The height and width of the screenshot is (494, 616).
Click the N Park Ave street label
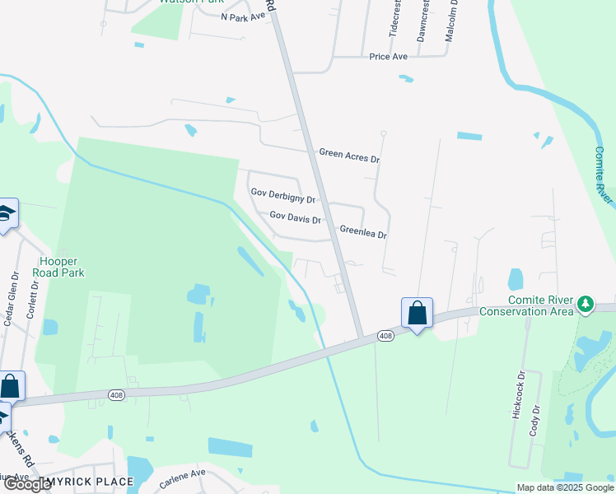tap(243, 16)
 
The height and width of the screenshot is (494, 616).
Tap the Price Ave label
tap(389, 57)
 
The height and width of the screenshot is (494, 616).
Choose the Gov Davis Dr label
tap(295, 218)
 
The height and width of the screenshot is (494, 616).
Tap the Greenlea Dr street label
tap(363, 233)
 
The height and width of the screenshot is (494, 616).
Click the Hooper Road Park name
tap(58, 267)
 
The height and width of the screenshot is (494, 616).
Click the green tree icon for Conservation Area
tap(586, 305)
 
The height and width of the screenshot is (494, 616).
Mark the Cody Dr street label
tap(535, 420)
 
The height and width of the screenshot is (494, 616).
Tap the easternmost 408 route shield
tap(385, 336)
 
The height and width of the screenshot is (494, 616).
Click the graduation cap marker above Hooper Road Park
tap(7, 213)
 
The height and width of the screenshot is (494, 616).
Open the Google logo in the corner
tap(28, 484)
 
